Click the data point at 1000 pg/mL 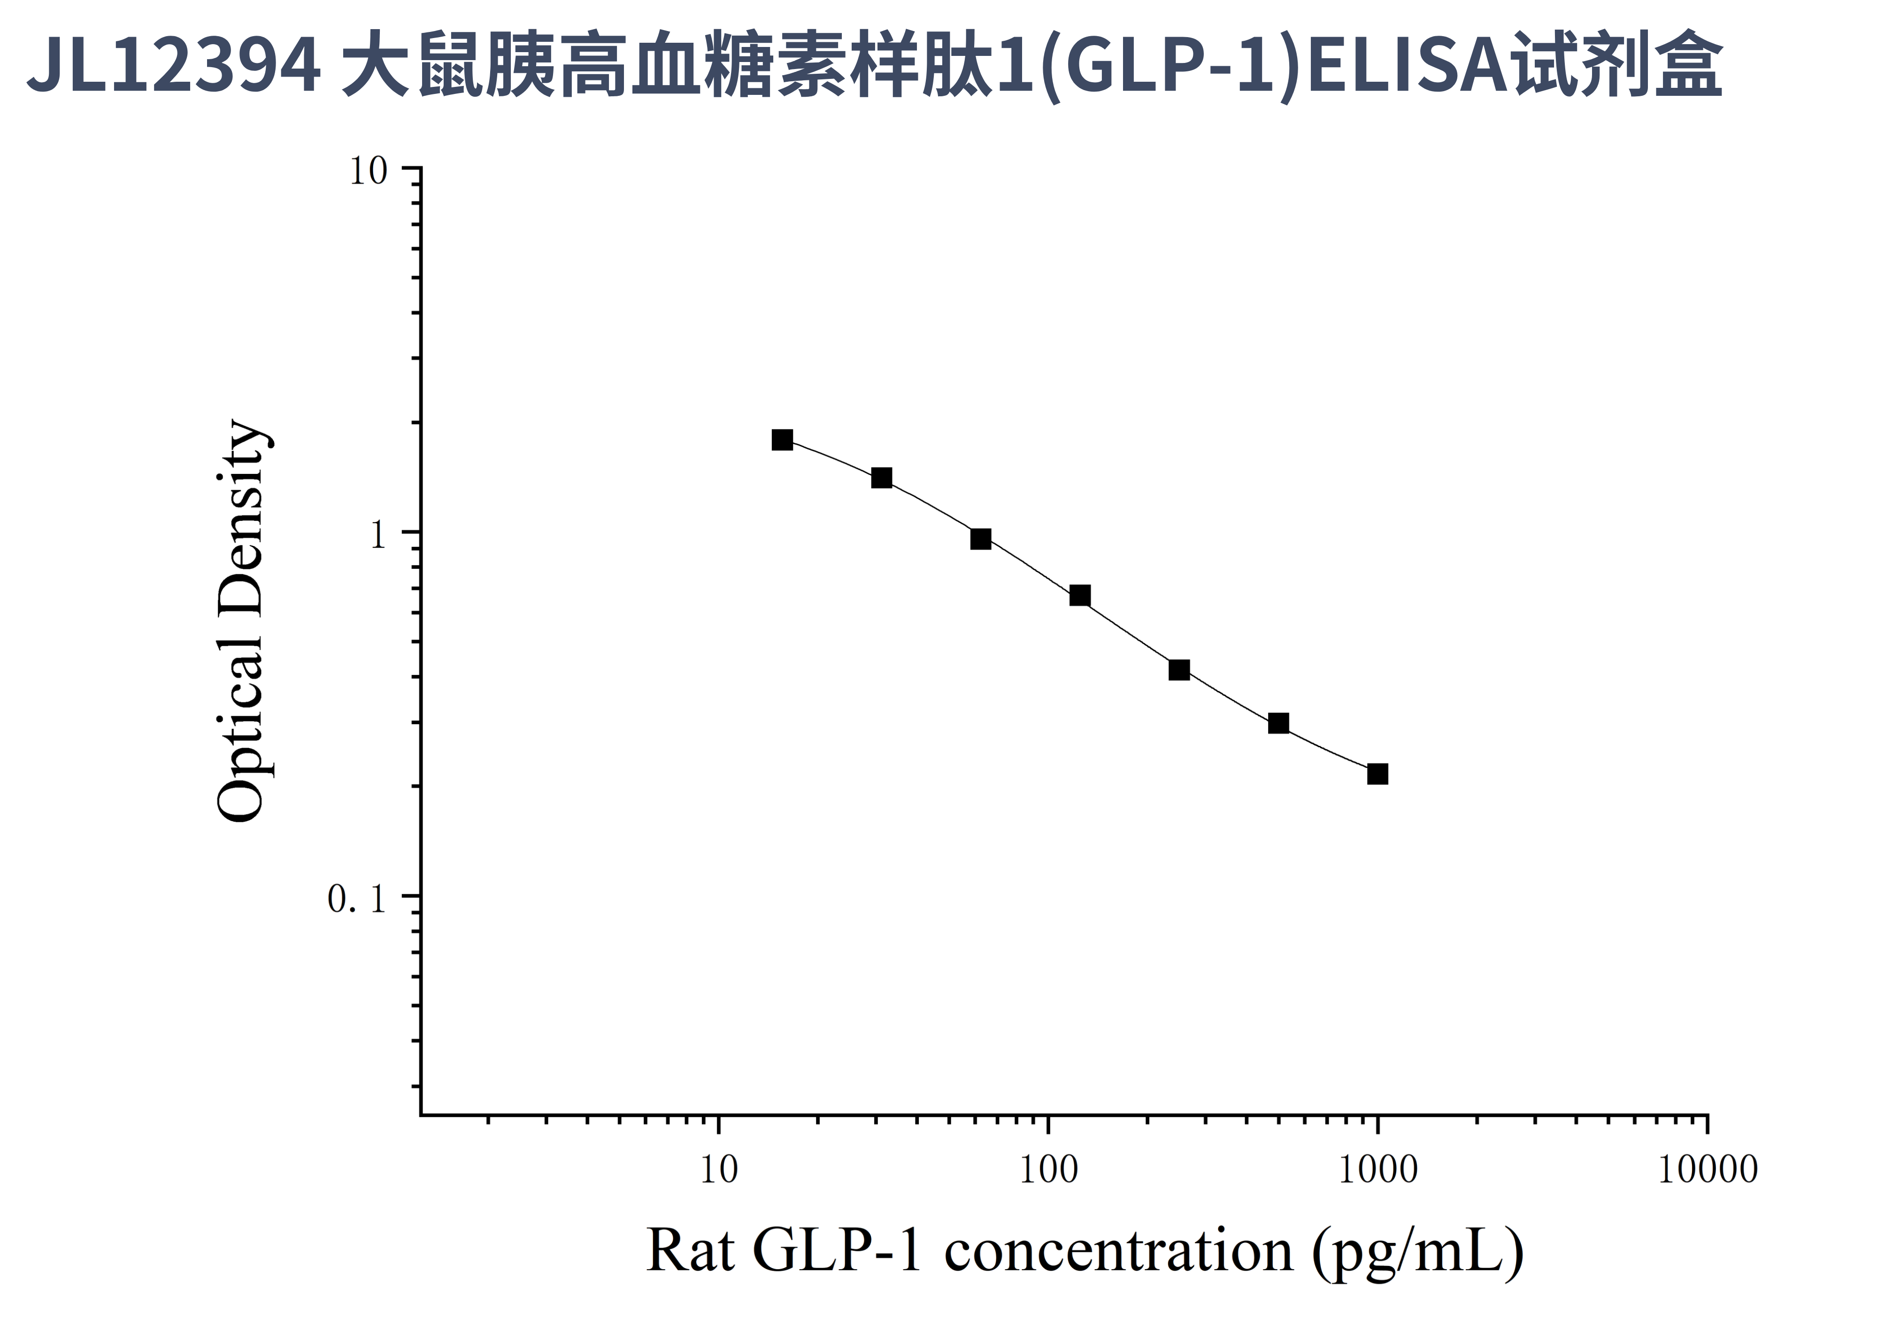(1377, 774)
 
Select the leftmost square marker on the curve (783, 440)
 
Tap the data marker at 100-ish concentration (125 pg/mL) (1080, 596)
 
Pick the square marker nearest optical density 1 (980, 539)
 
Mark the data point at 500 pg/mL (1278, 722)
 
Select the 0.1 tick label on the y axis (356, 899)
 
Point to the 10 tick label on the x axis (719, 1170)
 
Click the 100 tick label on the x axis (1048, 1170)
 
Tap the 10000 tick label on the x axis (1708, 1170)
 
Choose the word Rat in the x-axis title (690, 1251)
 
